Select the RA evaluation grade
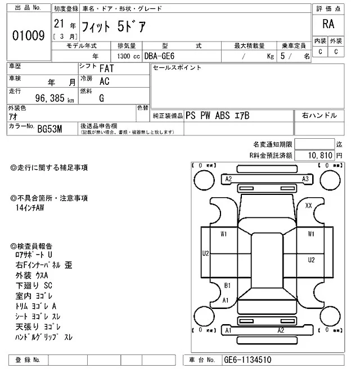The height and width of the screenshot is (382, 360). click(x=328, y=24)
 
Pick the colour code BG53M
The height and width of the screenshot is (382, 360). click(x=49, y=129)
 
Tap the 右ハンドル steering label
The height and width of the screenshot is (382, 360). click(x=319, y=115)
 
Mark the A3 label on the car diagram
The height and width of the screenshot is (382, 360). click(x=305, y=179)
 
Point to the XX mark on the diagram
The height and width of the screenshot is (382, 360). click(x=308, y=206)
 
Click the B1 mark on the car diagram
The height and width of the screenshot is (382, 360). click(x=228, y=285)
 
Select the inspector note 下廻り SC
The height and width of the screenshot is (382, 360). click(x=35, y=285)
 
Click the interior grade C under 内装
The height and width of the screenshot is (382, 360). click(x=320, y=52)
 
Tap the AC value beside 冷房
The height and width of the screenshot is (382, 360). click(x=104, y=81)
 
